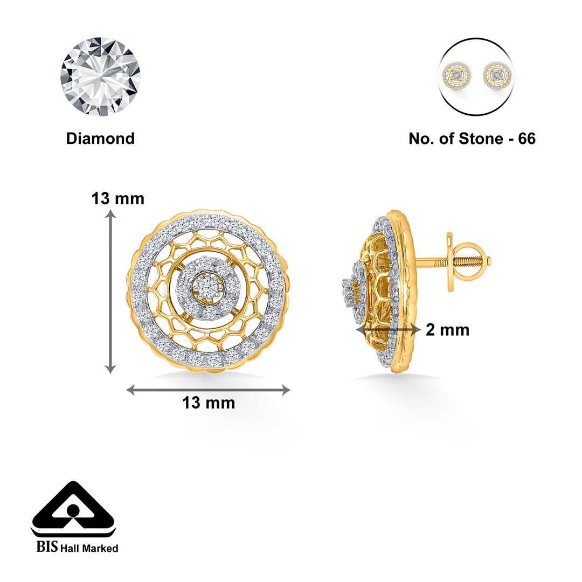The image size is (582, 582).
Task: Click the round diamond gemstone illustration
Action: pyautogui.click(x=100, y=77)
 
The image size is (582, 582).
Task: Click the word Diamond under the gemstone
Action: pyautogui.click(x=100, y=138)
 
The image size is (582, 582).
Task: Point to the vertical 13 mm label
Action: pyautogui.click(x=118, y=199)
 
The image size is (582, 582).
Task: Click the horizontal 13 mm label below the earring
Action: pyautogui.click(x=209, y=403)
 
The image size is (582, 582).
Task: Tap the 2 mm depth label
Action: pyautogui.click(x=447, y=330)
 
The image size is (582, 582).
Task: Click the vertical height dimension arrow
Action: pyautogui.click(x=110, y=291)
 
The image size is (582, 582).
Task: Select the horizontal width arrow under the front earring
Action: pyautogui.click(x=208, y=390)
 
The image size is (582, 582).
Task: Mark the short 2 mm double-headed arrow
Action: pyautogui.click(x=388, y=329)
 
